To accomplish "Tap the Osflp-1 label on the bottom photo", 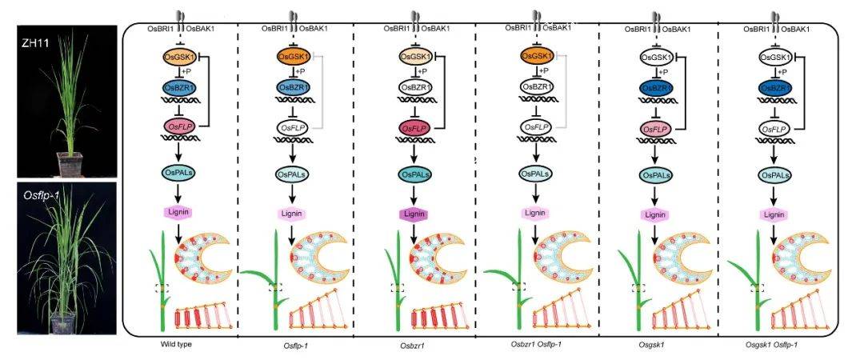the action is pos(42,195).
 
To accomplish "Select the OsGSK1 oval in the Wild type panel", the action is pos(177,56).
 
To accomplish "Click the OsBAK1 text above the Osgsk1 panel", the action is pos(679,29).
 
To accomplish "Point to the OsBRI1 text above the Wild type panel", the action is pos(159,29).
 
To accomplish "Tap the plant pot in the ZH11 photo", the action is pos(70,164).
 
